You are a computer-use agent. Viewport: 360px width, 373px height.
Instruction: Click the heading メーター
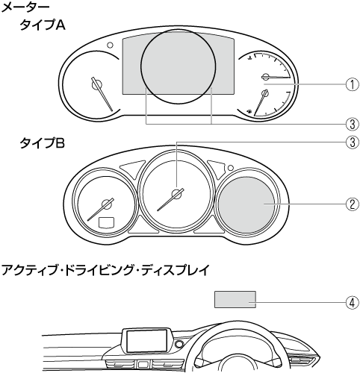(x=25, y=7)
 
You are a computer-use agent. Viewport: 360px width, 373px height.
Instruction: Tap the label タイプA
(x=43, y=25)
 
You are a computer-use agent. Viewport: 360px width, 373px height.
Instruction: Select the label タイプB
(x=43, y=143)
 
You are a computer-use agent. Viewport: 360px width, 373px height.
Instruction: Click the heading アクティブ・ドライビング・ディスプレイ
(x=105, y=270)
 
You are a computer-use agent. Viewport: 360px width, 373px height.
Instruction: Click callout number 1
(x=352, y=84)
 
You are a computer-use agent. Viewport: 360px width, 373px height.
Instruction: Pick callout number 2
(x=352, y=204)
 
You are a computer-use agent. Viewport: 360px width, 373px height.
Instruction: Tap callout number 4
(x=352, y=303)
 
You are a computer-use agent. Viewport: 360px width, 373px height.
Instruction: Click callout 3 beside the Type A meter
(x=352, y=124)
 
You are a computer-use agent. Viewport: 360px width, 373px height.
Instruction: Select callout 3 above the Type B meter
(x=352, y=142)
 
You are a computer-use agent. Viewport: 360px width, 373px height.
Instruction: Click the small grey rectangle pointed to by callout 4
(x=235, y=299)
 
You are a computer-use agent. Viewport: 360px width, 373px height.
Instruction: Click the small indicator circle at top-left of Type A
(x=110, y=46)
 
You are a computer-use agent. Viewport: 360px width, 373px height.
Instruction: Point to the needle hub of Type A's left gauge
(x=96, y=84)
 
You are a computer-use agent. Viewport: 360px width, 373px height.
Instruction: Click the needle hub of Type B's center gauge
(x=177, y=194)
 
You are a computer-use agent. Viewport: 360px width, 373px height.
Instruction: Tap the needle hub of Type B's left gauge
(x=107, y=204)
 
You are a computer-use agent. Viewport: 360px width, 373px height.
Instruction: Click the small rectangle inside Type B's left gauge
(x=107, y=222)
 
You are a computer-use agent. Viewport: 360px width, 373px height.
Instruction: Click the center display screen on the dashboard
(x=146, y=341)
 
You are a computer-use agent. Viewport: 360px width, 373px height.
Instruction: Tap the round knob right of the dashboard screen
(x=179, y=345)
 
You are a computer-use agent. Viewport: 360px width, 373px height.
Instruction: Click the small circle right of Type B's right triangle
(x=231, y=168)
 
